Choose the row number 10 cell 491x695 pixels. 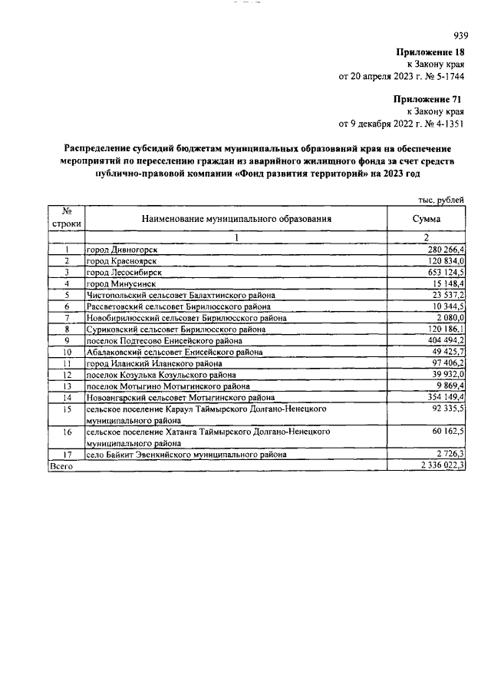(68, 352)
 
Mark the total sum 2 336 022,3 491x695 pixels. (440, 465)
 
